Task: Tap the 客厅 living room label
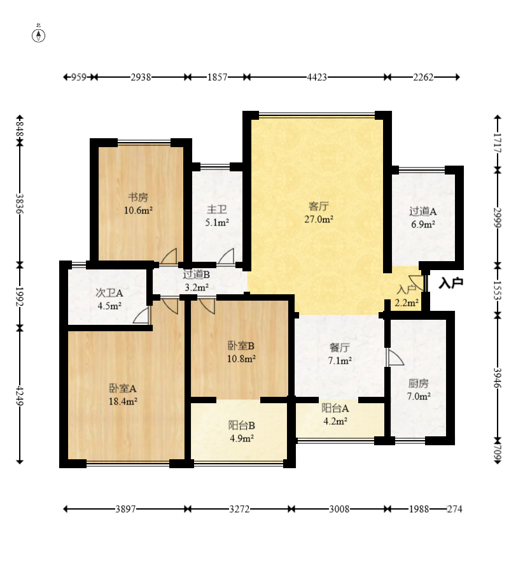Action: [319, 206]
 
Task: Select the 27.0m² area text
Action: [319, 219]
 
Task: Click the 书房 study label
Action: [138, 197]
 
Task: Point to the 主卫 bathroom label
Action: [217, 210]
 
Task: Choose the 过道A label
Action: [422, 211]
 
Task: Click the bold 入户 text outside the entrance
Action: [450, 283]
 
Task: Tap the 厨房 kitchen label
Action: [419, 383]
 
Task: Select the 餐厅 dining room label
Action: [340, 348]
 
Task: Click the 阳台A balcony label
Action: [335, 408]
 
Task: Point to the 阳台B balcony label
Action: [242, 425]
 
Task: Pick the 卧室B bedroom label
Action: [241, 346]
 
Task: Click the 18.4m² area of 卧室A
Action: [123, 401]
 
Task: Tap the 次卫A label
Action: [109, 293]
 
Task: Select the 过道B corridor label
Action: [197, 275]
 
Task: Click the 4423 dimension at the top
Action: [317, 77]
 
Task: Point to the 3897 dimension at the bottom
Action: [126, 509]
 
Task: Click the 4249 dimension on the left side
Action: [20, 396]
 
